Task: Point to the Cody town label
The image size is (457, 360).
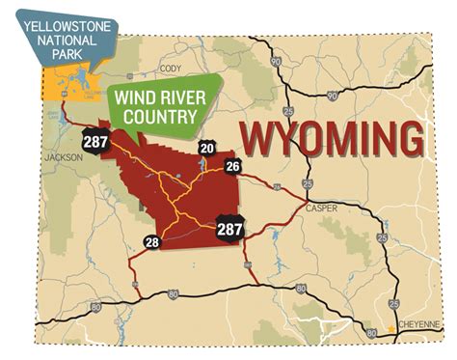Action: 171,69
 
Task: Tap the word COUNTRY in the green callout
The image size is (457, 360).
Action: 157,118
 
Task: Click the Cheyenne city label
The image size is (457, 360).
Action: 417,325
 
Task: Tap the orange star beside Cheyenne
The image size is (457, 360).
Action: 390,329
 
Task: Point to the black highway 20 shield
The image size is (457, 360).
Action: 207,148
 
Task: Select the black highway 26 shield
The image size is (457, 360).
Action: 231,166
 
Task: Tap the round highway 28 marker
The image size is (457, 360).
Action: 152,242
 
